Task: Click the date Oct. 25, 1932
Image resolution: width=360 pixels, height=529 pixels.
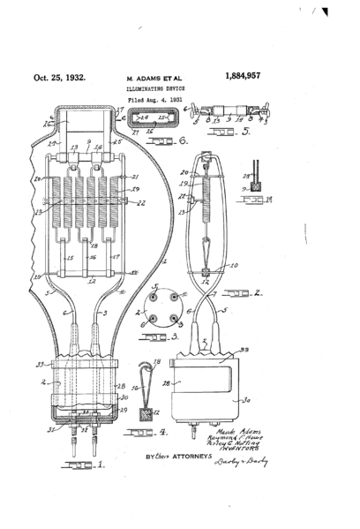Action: coord(61,78)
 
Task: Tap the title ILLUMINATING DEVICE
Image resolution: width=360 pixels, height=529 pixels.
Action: coord(152,90)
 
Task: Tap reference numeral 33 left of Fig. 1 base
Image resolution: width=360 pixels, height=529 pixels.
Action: coord(39,363)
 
